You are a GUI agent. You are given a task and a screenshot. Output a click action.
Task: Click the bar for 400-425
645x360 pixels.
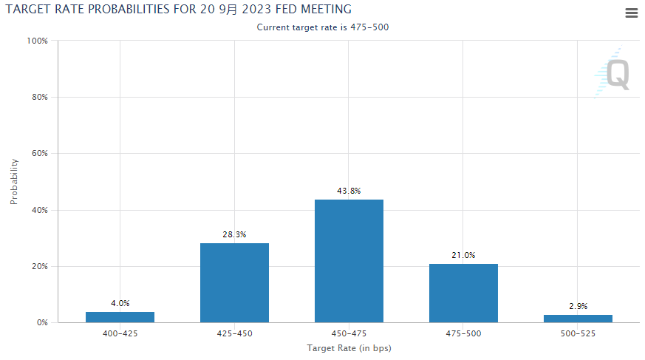point(120,317)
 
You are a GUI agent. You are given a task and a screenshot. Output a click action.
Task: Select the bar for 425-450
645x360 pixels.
point(234,282)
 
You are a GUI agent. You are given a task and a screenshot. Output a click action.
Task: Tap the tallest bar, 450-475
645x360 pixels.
point(349,261)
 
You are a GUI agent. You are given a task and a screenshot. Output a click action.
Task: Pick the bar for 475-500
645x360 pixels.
point(463,293)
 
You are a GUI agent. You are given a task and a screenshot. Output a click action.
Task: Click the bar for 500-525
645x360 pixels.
point(578,319)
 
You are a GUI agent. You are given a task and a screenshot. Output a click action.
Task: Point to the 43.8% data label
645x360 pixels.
point(349,191)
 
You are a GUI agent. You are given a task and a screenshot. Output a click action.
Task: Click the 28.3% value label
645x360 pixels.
point(234,234)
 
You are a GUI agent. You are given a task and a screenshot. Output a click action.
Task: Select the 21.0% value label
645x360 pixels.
point(463,255)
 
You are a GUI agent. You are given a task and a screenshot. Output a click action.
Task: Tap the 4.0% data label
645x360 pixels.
point(120,303)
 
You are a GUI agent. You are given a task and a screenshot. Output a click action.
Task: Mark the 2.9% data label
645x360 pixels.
point(578,306)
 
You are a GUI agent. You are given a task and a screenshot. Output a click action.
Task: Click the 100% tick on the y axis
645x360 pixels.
point(37,41)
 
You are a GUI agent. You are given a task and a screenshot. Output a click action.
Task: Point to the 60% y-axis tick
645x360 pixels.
point(38,154)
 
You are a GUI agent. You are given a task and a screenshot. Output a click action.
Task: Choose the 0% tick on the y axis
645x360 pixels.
point(41,323)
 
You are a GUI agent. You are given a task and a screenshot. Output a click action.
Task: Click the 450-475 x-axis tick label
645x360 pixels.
point(349,334)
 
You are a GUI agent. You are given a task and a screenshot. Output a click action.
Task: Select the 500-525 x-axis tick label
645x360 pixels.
point(578,334)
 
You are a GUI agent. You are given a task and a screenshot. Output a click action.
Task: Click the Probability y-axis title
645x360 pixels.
point(14,181)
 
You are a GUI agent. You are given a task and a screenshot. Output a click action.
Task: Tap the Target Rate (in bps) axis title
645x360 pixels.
point(349,347)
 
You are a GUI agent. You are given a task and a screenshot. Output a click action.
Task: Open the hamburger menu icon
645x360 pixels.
point(631,13)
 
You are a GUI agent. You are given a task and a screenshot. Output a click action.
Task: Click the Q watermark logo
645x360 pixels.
point(616,74)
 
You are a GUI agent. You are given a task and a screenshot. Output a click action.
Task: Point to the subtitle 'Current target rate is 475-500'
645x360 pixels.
point(323,27)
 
